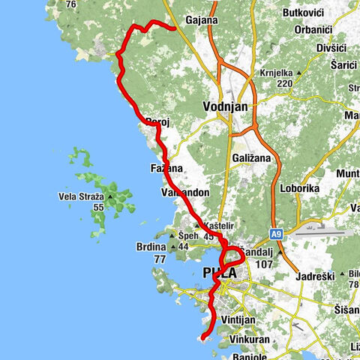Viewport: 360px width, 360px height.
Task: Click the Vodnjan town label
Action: (x=225, y=107)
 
